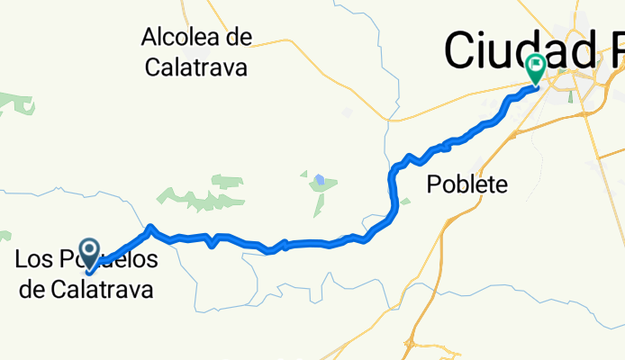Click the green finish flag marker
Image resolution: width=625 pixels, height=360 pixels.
(537, 66)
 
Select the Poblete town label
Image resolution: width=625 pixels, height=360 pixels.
(466, 185)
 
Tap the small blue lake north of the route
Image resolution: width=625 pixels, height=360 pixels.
(320, 178)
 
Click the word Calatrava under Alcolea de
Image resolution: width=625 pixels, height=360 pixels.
(195, 67)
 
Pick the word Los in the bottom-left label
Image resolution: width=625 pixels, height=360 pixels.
(32, 261)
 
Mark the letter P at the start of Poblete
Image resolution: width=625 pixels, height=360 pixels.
(433, 185)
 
